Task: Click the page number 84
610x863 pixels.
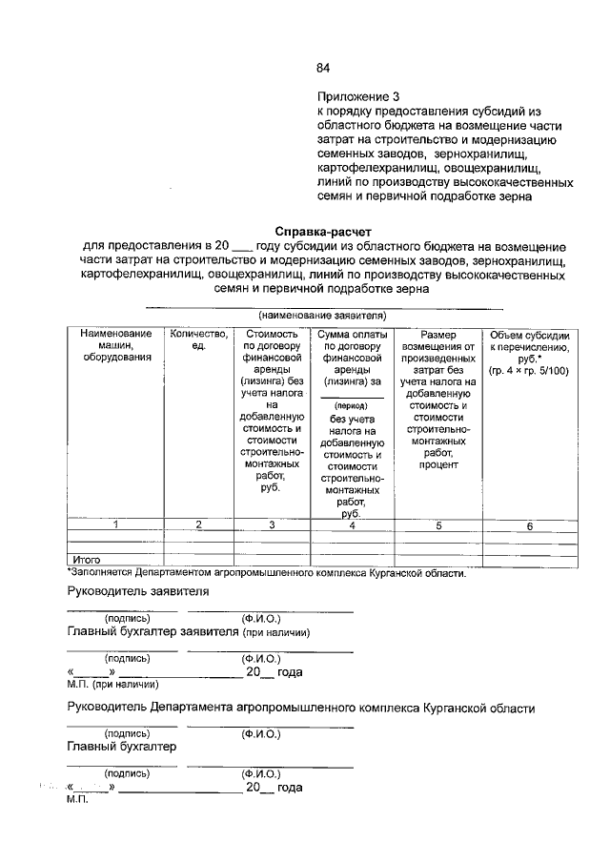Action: coord(323,68)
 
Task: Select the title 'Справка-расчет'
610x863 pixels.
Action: coord(323,232)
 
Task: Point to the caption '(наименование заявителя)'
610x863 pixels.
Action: coord(322,315)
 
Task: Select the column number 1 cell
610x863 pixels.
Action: coord(115,525)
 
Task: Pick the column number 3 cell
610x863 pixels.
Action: coord(272,525)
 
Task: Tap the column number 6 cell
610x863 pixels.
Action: coord(530,525)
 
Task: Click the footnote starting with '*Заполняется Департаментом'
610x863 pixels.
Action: coord(267,573)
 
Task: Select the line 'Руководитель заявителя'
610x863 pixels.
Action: coord(138,591)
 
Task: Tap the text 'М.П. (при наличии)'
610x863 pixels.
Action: coord(112,684)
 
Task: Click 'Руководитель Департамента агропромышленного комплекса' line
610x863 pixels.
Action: coord(301,709)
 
